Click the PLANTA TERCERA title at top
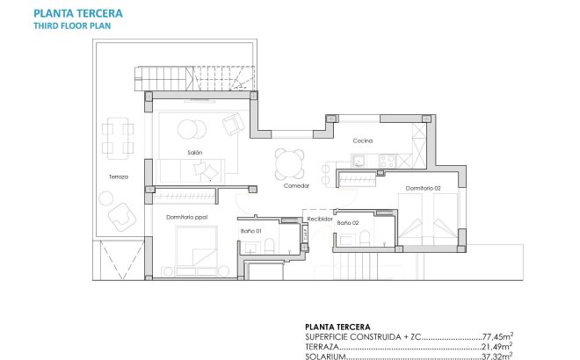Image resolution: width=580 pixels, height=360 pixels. pos(78,14)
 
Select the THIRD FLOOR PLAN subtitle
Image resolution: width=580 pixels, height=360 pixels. pos(73,25)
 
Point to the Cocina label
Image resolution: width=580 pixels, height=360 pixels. pos(363,141)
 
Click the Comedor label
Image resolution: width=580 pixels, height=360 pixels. pos(296,186)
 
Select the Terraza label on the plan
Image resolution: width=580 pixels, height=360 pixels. pos(119,176)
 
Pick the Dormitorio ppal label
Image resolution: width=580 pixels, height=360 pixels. pos(185,216)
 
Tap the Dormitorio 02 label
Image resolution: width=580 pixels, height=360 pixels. pos(423,188)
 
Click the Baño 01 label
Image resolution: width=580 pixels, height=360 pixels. pos(251,231)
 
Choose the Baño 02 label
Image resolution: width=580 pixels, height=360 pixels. pos(348,223)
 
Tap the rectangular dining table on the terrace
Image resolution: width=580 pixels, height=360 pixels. pos(118,137)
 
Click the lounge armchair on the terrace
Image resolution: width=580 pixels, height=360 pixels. pos(121,216)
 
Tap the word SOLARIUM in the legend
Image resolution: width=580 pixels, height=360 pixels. pos(325,356)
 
